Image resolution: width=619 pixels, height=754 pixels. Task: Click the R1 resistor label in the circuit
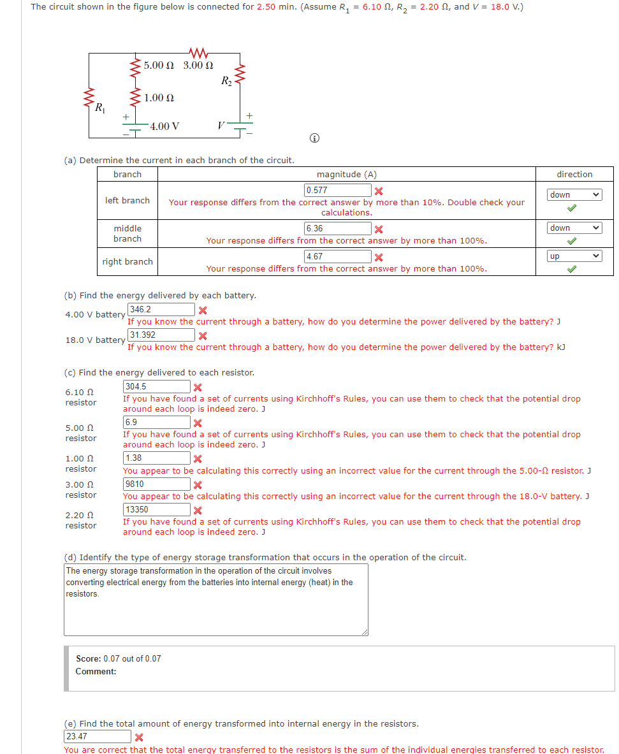[x=100, y=108]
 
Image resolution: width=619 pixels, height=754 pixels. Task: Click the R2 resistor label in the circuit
[x=226, y=80]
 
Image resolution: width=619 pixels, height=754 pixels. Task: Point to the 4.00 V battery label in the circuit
[x=164, y=126]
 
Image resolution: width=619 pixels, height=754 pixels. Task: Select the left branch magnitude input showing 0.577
[x=338, y=190]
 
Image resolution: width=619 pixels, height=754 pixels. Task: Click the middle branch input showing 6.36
[x=338, y=228]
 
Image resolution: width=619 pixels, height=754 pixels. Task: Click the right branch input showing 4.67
[x=338, y=256]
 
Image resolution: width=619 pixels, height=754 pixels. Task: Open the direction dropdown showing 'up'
[x=574, y=256]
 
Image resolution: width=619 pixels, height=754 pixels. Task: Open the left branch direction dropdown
[x=574, y=195]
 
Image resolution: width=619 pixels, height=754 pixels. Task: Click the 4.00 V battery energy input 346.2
[x=161, y=310]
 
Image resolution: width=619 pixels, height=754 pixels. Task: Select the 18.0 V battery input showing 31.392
[x=161, y=335]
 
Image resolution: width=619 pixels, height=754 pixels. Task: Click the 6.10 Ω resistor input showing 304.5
[x=156, y=387]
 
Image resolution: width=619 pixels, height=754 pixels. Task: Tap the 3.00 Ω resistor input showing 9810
[x=156, y=484]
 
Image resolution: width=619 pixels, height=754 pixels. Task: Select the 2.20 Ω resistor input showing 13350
[x=156, y=509]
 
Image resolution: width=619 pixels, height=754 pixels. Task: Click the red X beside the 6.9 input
[x=198, y=423]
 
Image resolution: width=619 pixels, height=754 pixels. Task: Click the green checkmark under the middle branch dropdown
[x=572, y=241]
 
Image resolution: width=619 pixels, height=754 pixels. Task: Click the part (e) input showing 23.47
[x=97, y=737]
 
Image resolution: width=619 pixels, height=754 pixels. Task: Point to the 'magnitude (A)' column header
[x=346, y=174]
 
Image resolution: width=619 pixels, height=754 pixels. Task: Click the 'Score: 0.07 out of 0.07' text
[x=119, y=658]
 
